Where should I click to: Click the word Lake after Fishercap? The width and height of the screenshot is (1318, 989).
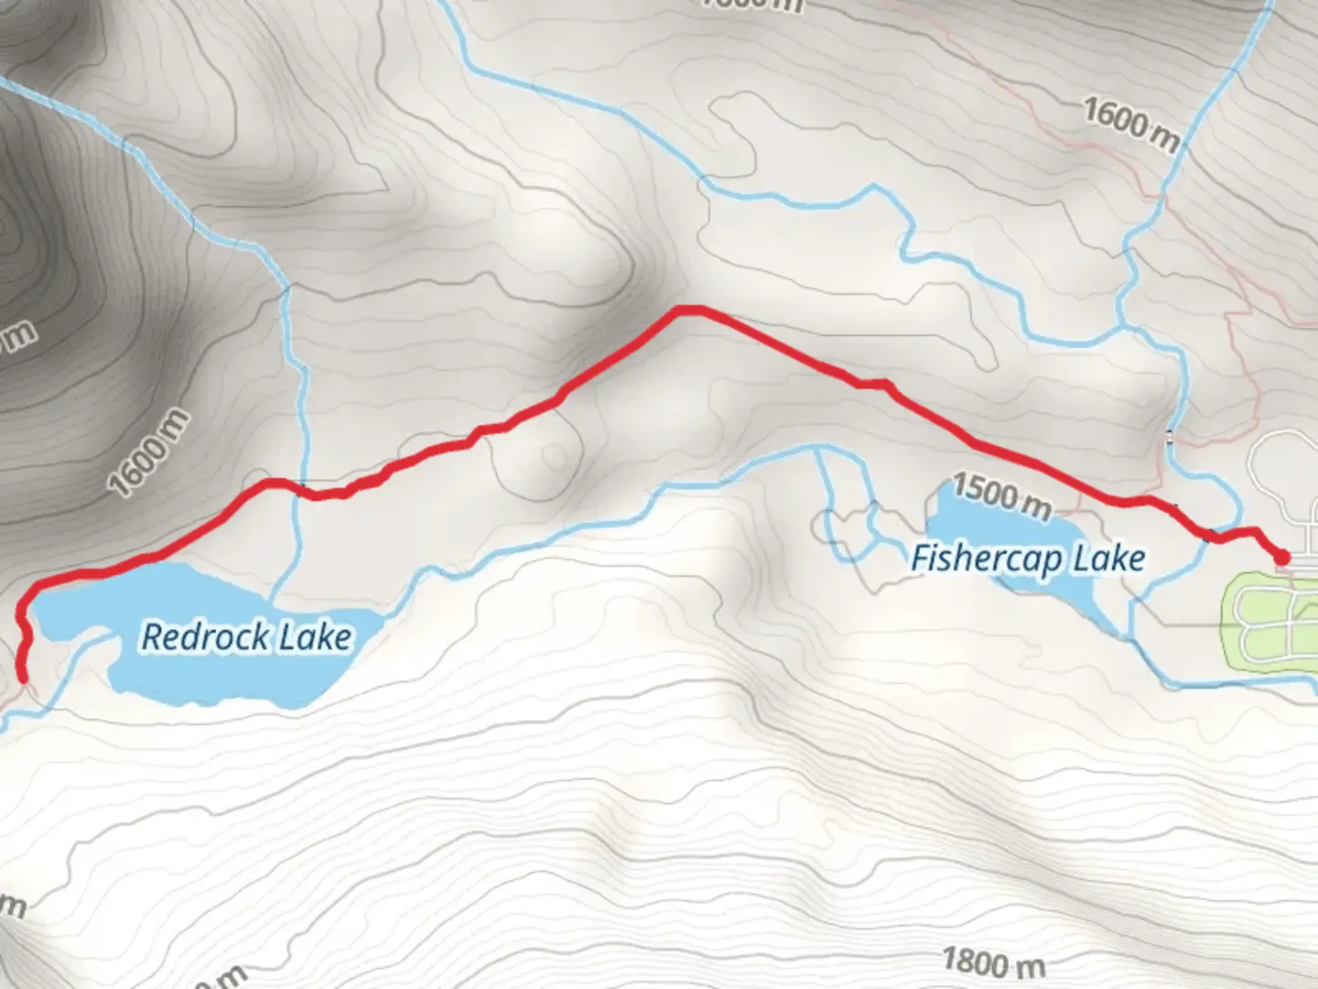click(1109, 559)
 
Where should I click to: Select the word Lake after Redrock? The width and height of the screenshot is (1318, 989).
click(315, 637)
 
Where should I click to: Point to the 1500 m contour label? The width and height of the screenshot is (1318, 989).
click(1001, 496)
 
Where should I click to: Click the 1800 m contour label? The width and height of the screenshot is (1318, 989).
click(993, 962)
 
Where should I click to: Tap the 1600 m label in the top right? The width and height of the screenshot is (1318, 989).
click(1132, 125)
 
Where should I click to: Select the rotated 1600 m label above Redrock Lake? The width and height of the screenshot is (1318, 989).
click(149, 452)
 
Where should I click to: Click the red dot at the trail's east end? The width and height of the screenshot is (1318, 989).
click(1282, 557)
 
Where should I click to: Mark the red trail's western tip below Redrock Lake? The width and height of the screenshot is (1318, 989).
click(23, 678)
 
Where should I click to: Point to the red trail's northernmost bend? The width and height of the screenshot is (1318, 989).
click(688, 310)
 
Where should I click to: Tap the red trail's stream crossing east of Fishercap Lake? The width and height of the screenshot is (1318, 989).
click(1214, 537)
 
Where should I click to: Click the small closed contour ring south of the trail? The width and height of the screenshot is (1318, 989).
click(554, 455)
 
